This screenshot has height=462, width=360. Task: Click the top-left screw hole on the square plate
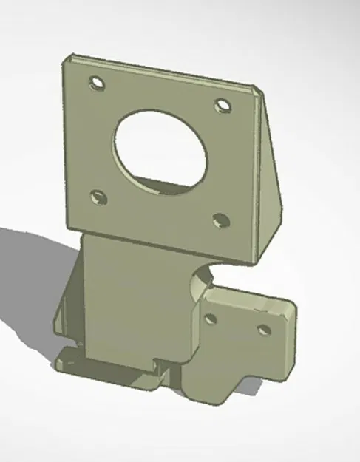point(95,83)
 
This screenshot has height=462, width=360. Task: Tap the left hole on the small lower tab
point(211,319)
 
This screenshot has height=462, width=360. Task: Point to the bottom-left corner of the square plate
point(67,225)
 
